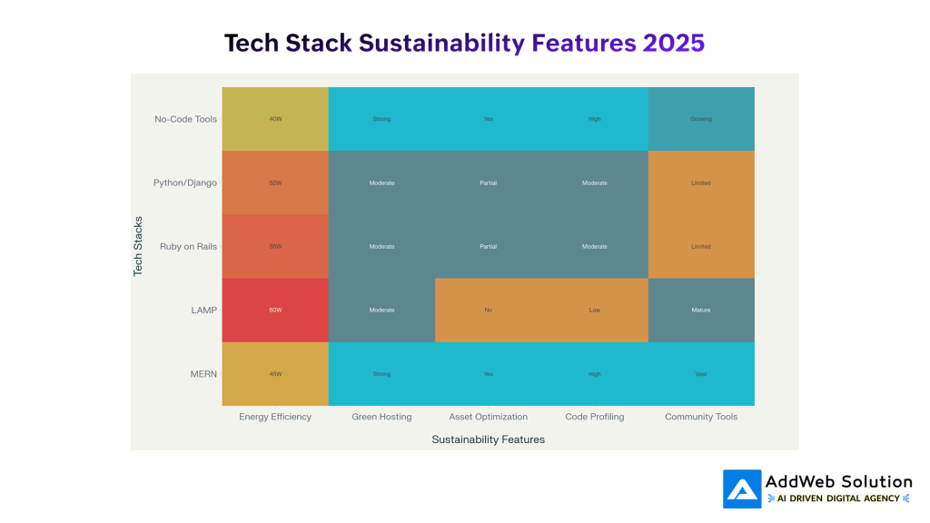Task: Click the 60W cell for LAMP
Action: (275, 310)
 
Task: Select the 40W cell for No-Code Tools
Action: (275, 119)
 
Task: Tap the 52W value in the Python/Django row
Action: (275, 183)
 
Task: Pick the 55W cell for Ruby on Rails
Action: (275, 246)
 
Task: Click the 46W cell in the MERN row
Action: (275, 373)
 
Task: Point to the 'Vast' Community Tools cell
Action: (700, 373)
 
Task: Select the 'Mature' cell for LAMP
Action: (700, 310)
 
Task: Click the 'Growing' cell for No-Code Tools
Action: (700, 119)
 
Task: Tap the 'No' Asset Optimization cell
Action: (488, 310)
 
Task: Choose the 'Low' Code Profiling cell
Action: (594, 310)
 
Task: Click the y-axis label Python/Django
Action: (185, 183)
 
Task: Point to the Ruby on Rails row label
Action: (188, 246)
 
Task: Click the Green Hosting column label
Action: (381, 417)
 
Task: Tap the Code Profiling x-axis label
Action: (594, 417)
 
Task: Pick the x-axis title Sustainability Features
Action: (488, 439)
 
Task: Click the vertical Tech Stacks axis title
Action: (139, 246)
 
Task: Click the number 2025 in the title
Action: (672, 43)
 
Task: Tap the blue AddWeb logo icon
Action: (742, 488)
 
